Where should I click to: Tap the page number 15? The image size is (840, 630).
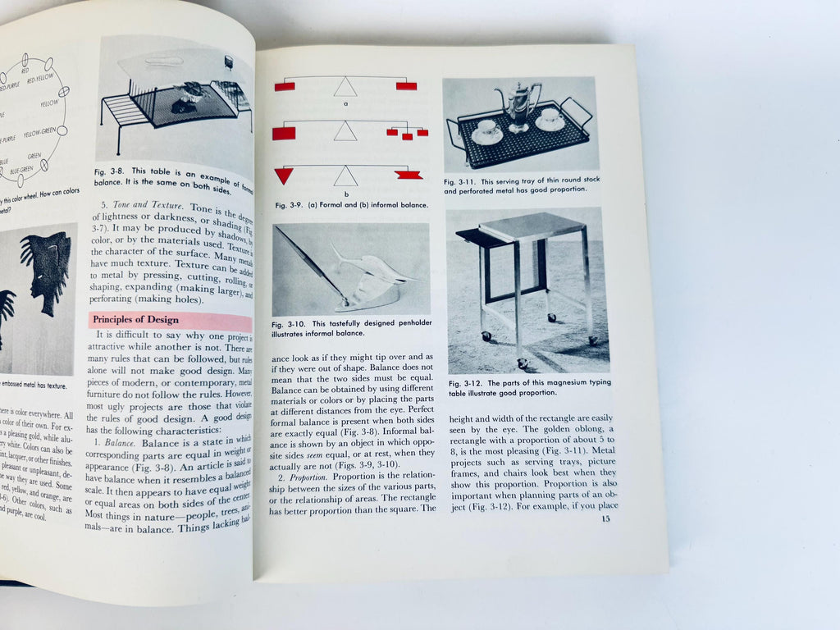click(x=605, y=518)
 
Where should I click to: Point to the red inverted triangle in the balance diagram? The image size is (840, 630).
click(x=284, y=175)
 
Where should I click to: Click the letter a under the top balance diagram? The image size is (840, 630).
click(x=345, y=104)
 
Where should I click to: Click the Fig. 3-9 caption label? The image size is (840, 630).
click(x=289, y=204)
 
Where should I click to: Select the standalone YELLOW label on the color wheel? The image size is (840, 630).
click(x=49, y=104)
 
